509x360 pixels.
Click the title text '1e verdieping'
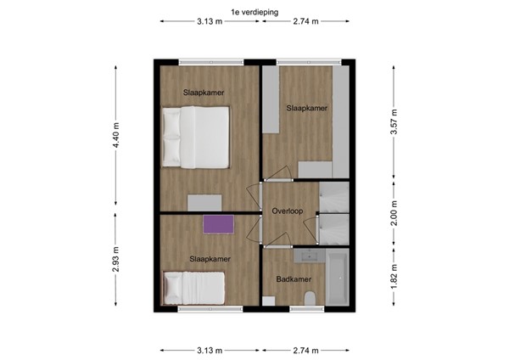click(254, 10)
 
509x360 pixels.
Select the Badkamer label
click(288, 278)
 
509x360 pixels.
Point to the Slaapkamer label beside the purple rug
click(210, 258)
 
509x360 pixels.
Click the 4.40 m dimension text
click(116, 135)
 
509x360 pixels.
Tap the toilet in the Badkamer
click(310, 296)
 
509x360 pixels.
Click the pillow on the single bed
click(173, 286)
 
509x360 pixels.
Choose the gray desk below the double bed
click(204, 202)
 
